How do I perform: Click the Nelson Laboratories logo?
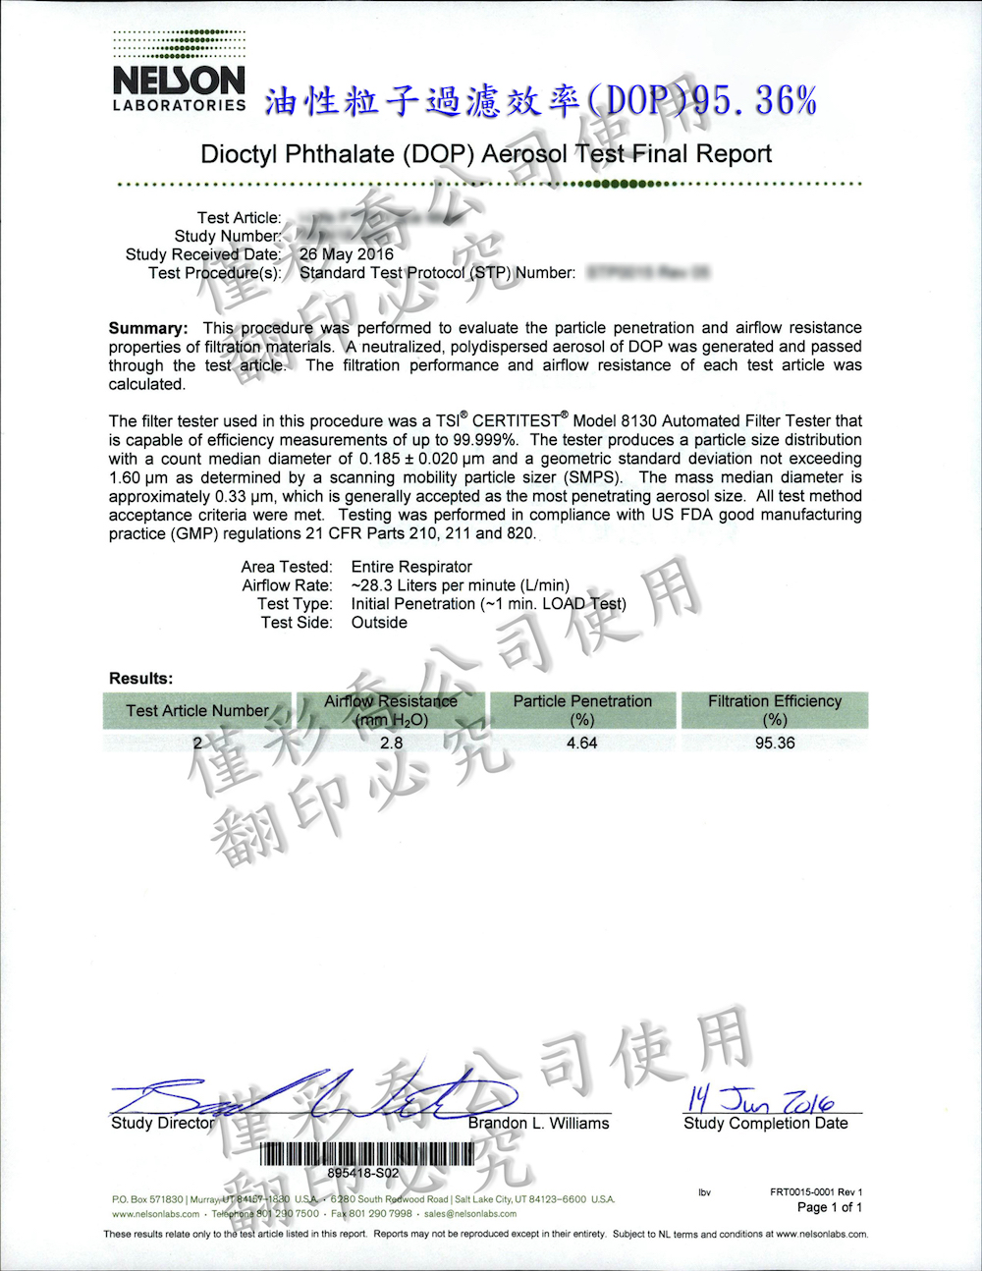click(179, 74)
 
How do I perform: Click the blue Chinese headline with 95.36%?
click(540, 100)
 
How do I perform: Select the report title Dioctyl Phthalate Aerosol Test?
click(486, 154)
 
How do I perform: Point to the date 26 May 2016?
click(347, 254)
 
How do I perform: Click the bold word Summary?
click(147, 328)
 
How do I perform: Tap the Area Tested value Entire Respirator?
click(411, 567)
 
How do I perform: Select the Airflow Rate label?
click(287, 585)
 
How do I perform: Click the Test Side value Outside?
click(379, 623)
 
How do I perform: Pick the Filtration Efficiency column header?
click(775, 710)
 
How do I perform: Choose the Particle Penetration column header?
click(582, 710)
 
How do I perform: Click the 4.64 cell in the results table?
click(582, 744)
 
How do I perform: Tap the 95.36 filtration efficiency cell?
click(775, 744)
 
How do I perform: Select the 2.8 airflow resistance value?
click(391, 744)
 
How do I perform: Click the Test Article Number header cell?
click(197, 710)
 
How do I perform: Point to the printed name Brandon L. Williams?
click(538, 1124)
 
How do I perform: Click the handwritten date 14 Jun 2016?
click(761, 1099)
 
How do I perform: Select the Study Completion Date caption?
click(766, 1124)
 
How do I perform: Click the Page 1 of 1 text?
click(830, 1207)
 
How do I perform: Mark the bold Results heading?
click(140, 679)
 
